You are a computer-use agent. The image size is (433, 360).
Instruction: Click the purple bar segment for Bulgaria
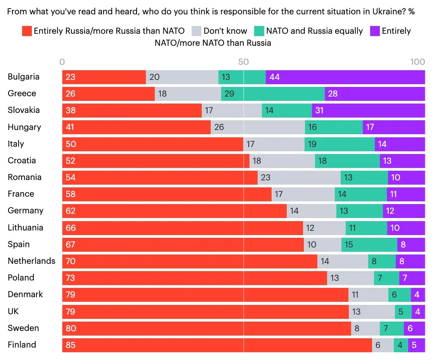[x=345, y=77]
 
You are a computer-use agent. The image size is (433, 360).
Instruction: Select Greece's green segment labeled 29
[x=273, y=94]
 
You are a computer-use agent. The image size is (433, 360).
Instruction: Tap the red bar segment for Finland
[x=216, y=345]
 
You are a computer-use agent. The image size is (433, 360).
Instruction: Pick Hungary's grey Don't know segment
[x=258, y=127]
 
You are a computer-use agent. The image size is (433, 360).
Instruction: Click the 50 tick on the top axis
[x=243, y=62]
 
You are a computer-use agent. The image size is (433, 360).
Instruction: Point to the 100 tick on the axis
[x=417, y=62]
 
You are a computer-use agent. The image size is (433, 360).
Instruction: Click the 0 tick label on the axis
[x=62, y=62]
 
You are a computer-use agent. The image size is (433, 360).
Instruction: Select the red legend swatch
[x=27, y=31]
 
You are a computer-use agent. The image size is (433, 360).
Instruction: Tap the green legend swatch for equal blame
[x=259, y=31]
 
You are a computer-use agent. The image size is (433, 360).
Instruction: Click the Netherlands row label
[x=31, y=261]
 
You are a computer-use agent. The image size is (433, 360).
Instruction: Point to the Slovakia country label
[x=24, y=110]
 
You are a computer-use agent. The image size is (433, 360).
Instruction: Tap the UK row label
[x=13, y=312]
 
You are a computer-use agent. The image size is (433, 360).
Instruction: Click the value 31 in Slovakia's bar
[x=319, y=111]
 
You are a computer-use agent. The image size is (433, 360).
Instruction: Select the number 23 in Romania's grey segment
[x=266, y=178]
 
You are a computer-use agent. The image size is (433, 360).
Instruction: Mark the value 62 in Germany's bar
[x=70, y=211]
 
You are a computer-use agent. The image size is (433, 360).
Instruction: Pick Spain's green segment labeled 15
[x=369, y=244]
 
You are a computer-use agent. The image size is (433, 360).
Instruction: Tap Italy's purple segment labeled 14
[x=400, y=144]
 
